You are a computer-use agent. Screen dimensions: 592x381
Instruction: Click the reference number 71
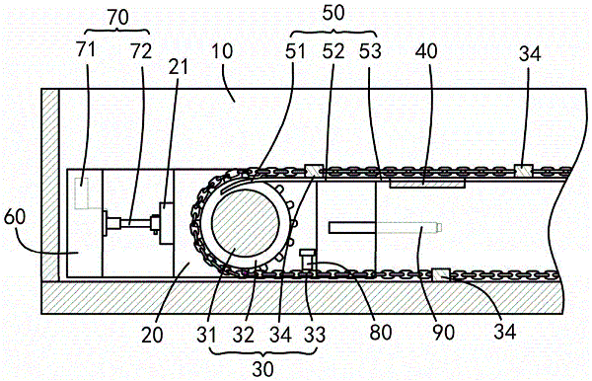86,50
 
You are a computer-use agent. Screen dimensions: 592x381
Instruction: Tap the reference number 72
141,51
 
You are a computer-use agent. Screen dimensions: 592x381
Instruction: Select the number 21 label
178,67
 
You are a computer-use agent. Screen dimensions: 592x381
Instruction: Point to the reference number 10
222,51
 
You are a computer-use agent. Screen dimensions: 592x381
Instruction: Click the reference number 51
295,51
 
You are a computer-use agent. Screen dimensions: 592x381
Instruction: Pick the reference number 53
370,51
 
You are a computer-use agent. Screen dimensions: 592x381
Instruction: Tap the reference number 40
426,51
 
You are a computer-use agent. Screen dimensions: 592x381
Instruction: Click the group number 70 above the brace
117,18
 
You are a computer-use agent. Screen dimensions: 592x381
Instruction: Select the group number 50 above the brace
333,13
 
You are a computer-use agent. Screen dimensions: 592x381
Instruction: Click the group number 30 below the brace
262,369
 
